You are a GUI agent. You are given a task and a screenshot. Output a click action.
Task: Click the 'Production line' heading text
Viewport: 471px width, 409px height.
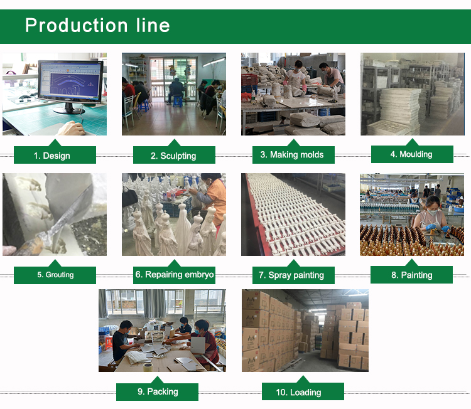click(97, 25)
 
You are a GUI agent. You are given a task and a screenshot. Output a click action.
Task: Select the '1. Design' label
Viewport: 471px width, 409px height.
click(51, 156)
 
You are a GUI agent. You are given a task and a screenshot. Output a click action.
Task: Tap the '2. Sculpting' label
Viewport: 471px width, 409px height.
click(173, 156)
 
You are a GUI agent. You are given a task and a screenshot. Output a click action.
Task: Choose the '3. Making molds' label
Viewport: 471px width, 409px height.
click(292, 154)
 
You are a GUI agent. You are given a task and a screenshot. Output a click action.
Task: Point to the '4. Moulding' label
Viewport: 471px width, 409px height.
click(411, 154)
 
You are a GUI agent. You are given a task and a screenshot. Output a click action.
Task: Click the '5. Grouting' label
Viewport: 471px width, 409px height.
click(55, 275)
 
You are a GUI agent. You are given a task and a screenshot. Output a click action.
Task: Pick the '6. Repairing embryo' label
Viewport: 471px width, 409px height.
click(175, 274)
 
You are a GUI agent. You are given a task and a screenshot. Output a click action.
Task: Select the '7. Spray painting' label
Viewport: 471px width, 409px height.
click(291, 275)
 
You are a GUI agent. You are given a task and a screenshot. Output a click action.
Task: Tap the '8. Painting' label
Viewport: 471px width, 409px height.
click(411, 275)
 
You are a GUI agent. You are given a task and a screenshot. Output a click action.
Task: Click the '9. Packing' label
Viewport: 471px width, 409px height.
click(158, 391)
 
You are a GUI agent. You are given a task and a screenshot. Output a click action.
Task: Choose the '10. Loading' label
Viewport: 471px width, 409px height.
click(298, 392)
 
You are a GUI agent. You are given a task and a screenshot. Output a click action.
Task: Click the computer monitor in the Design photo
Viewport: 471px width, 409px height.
click(71, 85)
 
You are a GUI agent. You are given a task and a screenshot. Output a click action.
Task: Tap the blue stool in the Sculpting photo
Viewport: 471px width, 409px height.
click(177, 101)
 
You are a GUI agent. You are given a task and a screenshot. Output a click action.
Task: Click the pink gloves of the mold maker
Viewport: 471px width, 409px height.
click(304, 88)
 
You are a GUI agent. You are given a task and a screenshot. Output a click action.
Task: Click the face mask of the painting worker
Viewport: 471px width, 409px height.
click(431, 212)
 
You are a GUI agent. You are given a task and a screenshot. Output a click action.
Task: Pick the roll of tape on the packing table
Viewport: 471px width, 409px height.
click(148, 367)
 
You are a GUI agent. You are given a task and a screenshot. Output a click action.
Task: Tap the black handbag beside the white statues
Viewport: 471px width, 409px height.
click(129, 198)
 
